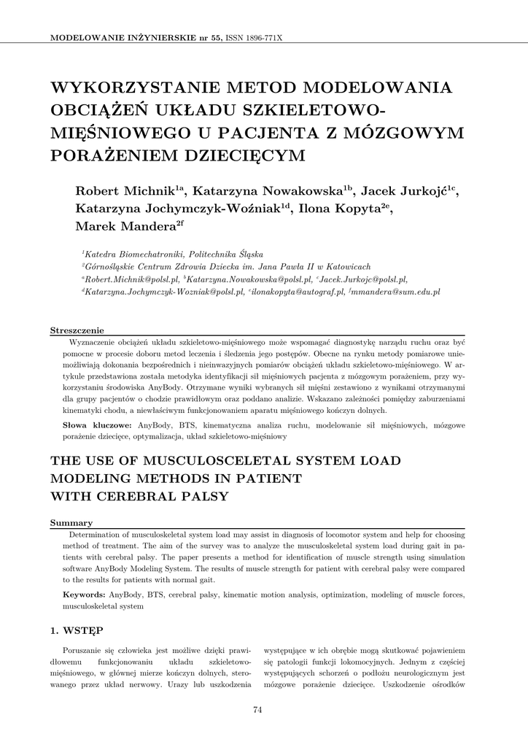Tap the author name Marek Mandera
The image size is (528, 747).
click(124, 226)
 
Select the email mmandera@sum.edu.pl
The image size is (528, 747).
click(397, 291)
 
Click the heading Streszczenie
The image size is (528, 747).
click(77, 330)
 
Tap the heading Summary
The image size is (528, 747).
click(71, 522)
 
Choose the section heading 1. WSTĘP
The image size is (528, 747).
click(76, 629)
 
